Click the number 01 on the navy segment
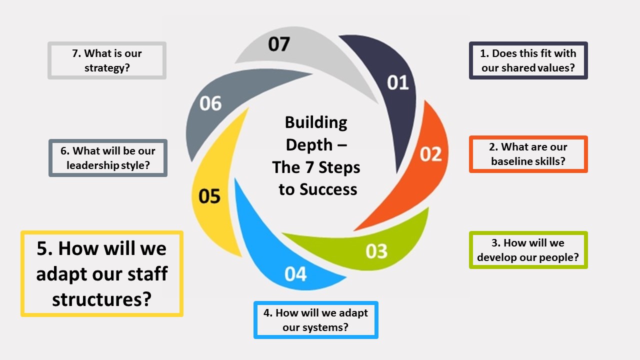tap(398, 82)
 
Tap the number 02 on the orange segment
tap(430, 154)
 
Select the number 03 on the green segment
tap(376, 251)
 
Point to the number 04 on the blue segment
tap(295, 274)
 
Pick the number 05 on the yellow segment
tap(209, 196)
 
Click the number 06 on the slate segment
tap(210, 103)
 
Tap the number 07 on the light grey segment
tap(278, 44)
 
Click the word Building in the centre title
tap(316, 122)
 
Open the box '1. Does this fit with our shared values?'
tap(528, 60)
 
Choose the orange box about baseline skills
tap(528, 154)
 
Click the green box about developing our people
tap(528, 250)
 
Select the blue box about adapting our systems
tap(315, 320)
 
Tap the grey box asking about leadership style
tap(108, 158)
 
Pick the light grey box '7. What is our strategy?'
tap(107, 60)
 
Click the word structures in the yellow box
tap(101, 299)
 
